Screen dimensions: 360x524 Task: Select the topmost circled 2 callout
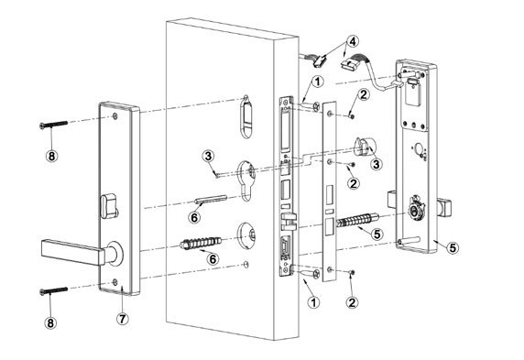pos(363,95)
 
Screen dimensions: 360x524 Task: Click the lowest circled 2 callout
pos(353,300)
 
